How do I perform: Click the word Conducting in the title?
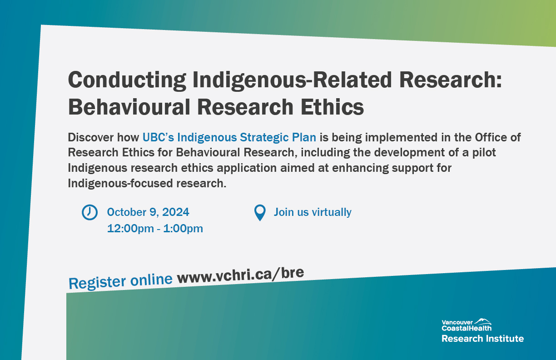coord(127,80)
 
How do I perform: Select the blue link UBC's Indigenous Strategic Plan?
coord(229,137)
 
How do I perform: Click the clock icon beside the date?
coord(89,212)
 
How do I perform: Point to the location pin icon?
coord(259,213)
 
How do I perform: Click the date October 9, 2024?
coord(148,212)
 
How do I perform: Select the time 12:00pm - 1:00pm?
coord(155,228)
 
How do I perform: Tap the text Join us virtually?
coord(313,212)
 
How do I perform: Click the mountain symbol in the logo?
coord(482,321)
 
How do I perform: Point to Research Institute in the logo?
coord(482,338)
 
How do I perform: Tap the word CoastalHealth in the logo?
coord(467,328)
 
